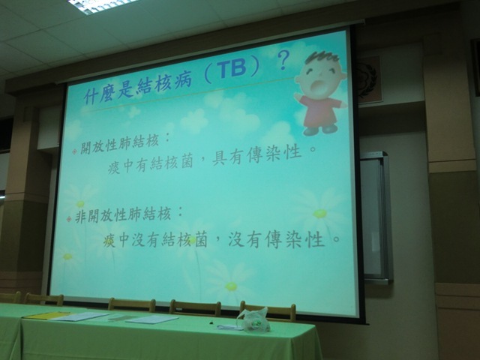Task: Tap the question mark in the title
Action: tap(283, 60)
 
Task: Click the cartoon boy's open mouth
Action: tap(316, 87)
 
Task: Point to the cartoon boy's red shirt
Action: tap(321, 109)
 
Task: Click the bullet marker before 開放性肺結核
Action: tap(73, 151)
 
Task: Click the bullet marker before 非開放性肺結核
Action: tap(69, 218)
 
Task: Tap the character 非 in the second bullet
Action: tap(80, 217)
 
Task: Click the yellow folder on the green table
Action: tap(46, 315)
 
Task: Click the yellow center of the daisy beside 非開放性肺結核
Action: tap(80, 204)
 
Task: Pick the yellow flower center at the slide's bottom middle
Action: tap(231, 286)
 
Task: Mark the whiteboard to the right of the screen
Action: tap(376, 217)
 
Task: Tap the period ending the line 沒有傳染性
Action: tap(336, 238)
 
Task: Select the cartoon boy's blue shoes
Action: tap(321, 130)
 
